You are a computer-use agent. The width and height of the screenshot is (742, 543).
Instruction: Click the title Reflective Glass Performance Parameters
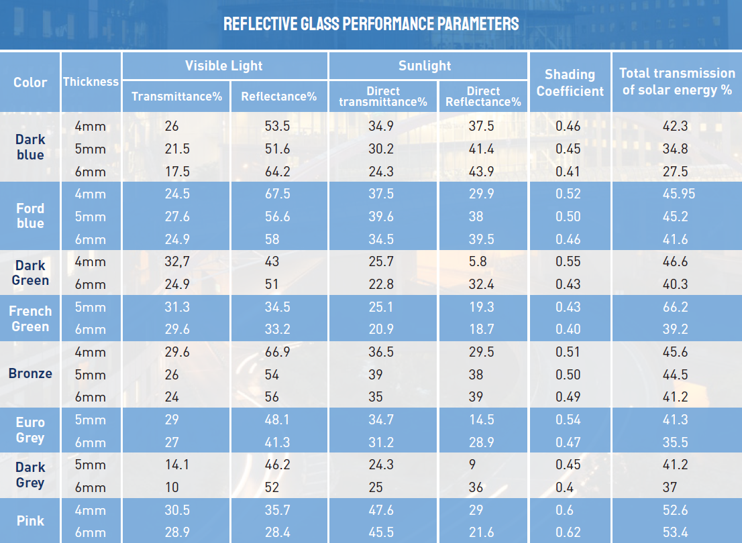pyautogui.click(x=371, y=24)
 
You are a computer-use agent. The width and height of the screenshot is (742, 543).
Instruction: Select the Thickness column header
pyautogui.click(x=91, y=82)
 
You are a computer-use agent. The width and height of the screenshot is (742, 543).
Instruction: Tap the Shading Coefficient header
pyautogui.click(x=570, y=82)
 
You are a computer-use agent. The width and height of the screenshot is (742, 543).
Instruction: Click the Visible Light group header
pyautogui.click(x=224, y=66)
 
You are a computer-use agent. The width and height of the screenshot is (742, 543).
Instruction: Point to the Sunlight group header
pyautogui.click(x=425, y=66)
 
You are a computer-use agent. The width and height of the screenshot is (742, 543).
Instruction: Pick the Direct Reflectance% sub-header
pyautogui.click(x=483, y=97)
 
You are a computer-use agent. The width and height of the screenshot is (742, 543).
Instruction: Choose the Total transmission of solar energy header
pyautogui.click(x=676, y=81)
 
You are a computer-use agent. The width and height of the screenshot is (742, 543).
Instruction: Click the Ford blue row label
pyautogui.click(x=30, y=216)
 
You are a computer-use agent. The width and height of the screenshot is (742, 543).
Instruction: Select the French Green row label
pyautogui.click(x=30, y=318)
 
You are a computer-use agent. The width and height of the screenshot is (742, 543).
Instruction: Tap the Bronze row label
pyautogui.click(x=30, y=373)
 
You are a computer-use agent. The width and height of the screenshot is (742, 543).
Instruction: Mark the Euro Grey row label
pyautogui.click(x=30, y=430)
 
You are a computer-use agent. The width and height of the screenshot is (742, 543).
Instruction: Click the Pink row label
pyautogui.click(x=30, y=521)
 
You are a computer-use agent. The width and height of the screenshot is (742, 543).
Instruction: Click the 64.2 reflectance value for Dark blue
pyautogui.click(x=277, y=172)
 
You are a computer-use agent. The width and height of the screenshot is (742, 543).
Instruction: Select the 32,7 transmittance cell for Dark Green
pyautogui.click(x=177, y=261)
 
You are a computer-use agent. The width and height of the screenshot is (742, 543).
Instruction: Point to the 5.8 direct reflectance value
pyautogui.click(x=479, y=261)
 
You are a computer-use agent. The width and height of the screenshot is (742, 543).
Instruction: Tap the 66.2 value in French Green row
pyautogui.click(x=675, y=307)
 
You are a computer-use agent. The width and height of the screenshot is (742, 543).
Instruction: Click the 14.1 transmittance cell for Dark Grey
pyautogui.click(x=176, y=465)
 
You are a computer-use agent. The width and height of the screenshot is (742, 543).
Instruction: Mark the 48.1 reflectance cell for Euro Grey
pyautogui.click(x=277, y=420)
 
